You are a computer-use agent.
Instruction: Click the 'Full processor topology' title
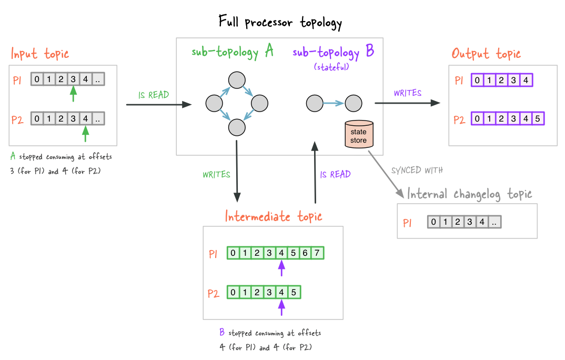tap(280, 22)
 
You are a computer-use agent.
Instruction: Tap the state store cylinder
tap(359, 134)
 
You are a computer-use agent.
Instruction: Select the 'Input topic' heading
tap(39, 54)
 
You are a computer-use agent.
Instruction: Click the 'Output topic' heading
tap(486, 54)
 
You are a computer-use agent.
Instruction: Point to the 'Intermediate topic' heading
tap(274, 216)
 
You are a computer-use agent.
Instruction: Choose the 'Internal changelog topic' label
tap(469, 194)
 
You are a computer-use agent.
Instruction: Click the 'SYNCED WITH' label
tap(417, 170)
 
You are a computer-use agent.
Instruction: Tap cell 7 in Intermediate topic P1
tap(317, 253)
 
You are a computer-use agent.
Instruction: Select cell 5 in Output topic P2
tap(538, 118)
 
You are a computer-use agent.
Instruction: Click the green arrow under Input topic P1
tap(73, 94)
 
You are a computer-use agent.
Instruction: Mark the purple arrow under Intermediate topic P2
tap(281, 308)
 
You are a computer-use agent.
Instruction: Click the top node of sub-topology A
tap(237, 80)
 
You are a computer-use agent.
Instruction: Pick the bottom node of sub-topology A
tap(237, 127)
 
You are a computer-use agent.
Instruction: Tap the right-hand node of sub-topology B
tap(354, 104)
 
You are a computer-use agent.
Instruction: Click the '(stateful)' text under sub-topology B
tap(331, 67)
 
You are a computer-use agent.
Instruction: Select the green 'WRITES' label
tap(216, 175)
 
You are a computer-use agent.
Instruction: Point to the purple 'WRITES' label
tap(408, 93)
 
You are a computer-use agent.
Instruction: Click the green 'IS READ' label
tap(154, 95)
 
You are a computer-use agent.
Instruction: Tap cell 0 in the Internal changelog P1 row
tap(433, 222)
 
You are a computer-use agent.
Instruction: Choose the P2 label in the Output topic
tap(459, 119)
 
